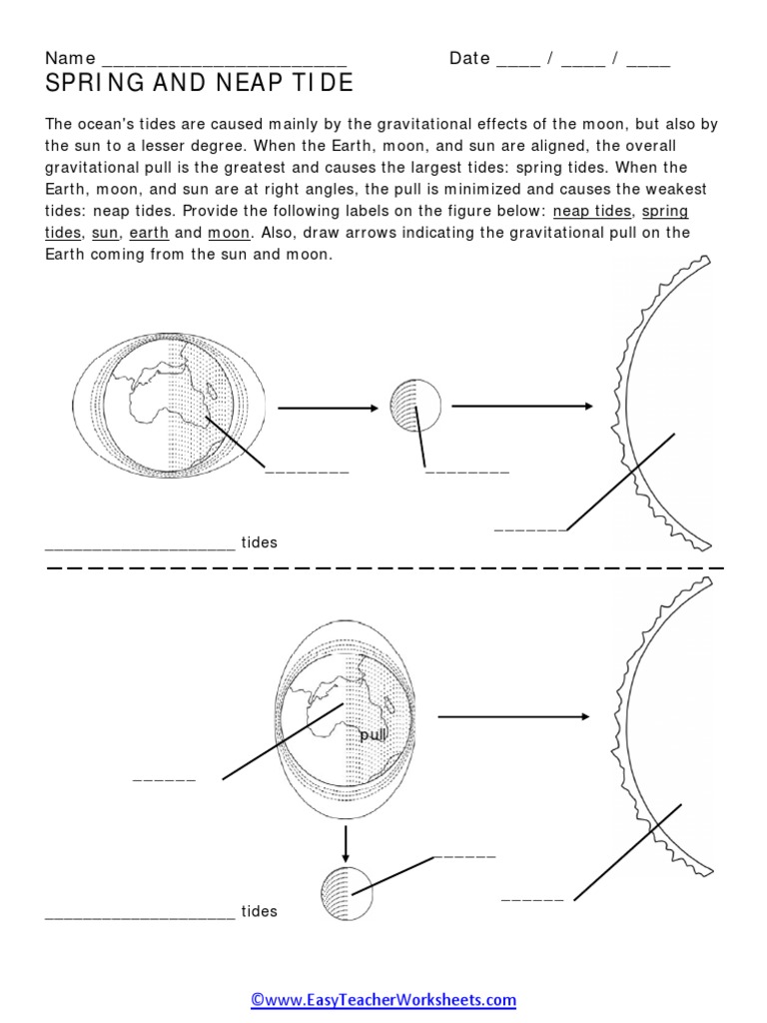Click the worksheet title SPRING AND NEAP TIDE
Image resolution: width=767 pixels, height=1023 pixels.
coord(200,84)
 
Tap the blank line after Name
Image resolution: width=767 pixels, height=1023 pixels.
coord(224,60)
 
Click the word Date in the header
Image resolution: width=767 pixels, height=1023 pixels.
coord(468,58)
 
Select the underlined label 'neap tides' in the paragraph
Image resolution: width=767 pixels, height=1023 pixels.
coord(591,211)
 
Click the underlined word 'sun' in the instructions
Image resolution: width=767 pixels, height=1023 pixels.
coord(103,233)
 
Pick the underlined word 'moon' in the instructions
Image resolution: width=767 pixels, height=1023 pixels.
coord(229,233)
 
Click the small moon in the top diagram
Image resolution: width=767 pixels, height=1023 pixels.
coord(414,405)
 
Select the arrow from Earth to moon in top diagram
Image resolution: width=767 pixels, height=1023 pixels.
coord(327,408)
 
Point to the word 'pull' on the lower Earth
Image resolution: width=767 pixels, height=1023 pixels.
coord(373,734)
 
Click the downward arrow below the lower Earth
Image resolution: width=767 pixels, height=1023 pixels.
coord(346,843)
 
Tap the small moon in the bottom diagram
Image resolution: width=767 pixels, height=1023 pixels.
coord(346,891)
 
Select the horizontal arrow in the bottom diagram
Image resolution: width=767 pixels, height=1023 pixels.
coord(512,716)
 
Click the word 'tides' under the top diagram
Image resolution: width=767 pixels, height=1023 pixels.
coord(259,542)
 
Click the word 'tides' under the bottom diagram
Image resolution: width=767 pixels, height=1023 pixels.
coord(259,911)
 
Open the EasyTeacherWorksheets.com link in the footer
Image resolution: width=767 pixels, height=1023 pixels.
coord(383,999)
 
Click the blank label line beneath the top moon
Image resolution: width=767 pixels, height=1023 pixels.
coord(466,470)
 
